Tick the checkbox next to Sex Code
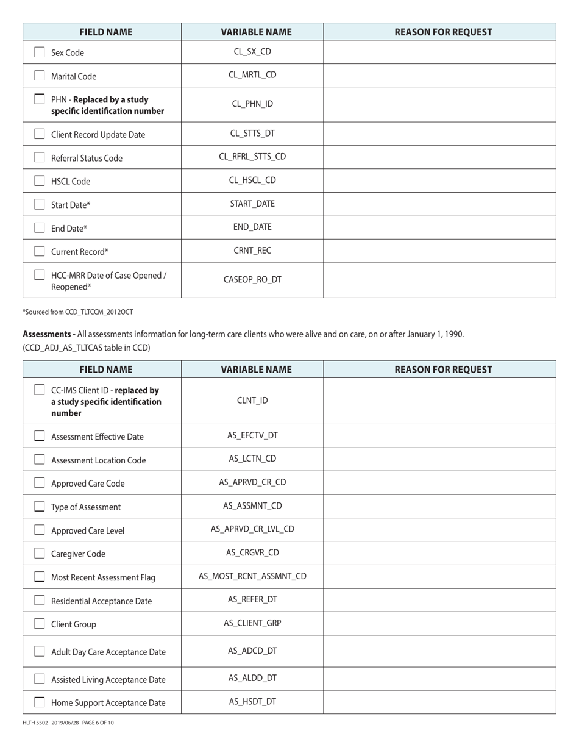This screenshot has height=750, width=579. coord(40,52)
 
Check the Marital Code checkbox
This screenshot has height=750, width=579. coord(40,76)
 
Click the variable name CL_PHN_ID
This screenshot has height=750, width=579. coord(252,104)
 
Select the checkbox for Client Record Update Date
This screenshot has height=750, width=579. coord(40,134)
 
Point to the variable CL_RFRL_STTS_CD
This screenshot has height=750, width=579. coord(252,157)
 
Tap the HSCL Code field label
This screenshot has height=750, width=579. coord(71,182)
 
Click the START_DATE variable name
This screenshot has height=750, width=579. coord(252,204)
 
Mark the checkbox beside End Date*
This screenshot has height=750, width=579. coord(40,228)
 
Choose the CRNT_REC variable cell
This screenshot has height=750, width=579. coord(252,251)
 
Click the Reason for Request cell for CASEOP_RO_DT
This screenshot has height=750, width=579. coord(439,280)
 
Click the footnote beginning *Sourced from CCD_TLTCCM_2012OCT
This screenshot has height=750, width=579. coord(78,312)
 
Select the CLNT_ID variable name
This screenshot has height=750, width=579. coord(252,401)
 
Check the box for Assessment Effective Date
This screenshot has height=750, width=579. coord(40,436)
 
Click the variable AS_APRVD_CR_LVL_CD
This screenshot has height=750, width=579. coord(252,529)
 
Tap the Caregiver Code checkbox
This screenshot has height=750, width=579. coord(40,554)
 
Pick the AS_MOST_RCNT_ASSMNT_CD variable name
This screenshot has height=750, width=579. coord(252,576)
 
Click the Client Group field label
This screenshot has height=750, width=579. coord(74,624)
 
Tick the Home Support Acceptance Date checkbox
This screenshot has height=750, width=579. coord(40,702)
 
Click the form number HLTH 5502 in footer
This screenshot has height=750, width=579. coord(35,723)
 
